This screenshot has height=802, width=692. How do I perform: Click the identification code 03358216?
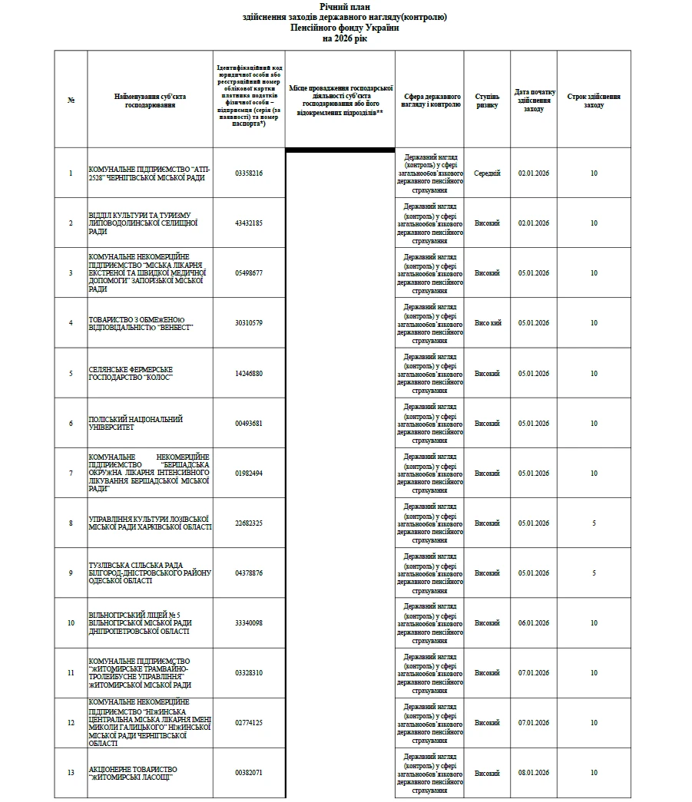[249, 173]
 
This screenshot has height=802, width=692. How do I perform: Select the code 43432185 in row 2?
[249, 223]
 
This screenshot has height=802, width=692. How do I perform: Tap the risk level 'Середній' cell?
[487, 173]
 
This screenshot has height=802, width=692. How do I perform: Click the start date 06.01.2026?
[534, 623]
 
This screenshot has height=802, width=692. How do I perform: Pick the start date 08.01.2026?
[534, 773]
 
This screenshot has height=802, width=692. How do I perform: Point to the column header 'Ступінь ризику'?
[487, 101]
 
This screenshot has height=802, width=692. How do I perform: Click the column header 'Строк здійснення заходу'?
[594, 101]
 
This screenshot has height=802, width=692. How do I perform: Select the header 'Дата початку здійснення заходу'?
[534, 101]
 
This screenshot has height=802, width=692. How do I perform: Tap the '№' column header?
[71, 101]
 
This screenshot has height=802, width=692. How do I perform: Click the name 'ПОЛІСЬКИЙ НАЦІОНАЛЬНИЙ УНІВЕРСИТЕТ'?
[136, 424]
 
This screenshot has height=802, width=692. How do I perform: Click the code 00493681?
[249, 424]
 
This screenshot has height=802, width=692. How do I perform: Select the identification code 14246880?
[249, 374]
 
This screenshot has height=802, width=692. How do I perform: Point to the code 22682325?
[249, 523]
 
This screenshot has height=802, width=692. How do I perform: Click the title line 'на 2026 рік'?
[345, 38]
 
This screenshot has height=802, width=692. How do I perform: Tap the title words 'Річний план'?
[345, 6]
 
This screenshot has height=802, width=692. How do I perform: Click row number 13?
[71, 773]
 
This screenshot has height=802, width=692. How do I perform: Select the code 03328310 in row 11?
[249, 673]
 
